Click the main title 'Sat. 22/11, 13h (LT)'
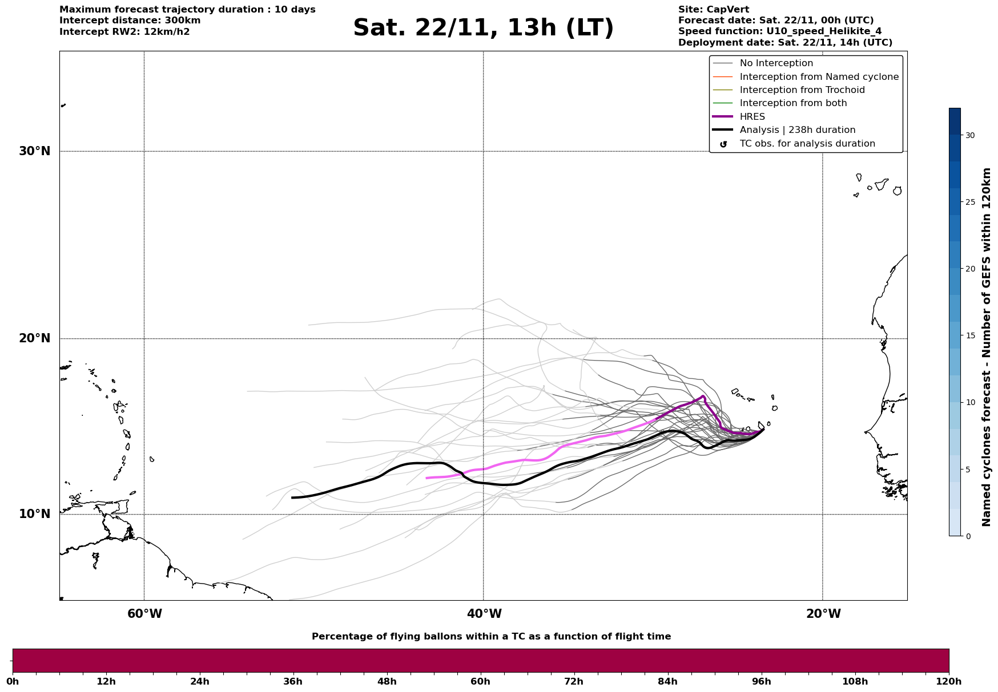point(483,28)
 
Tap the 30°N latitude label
point(34,151)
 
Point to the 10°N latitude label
point(34,514)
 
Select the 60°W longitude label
point(144,614)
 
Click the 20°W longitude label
point(823,614)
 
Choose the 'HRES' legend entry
point(752,117)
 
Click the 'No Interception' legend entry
point(776,63)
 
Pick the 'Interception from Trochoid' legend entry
point(802,90)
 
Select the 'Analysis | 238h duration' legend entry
point(797,130)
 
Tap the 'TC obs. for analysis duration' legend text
point(807,144)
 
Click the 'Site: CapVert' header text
point(713,10)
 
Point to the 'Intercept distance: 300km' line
point(130,21)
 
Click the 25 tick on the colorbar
point(970,202)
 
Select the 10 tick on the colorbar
point(970,402)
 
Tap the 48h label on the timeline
point(387,682)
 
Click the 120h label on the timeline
point(948,682)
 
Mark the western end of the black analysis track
point(292,497)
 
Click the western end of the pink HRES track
point(427,478)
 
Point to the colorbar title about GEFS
point(986,347)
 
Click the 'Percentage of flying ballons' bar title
point(491,637)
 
